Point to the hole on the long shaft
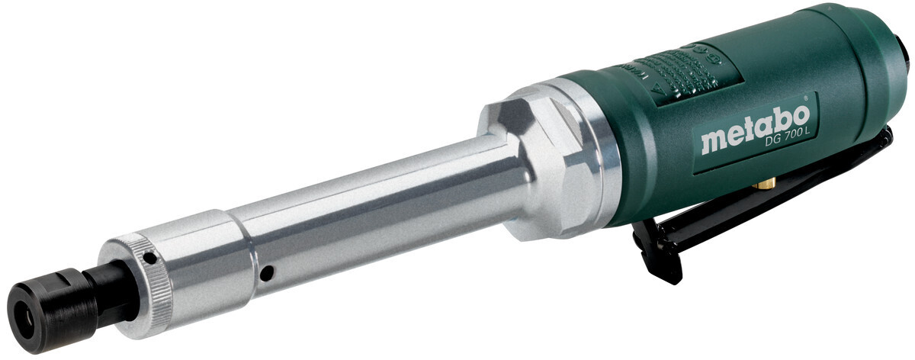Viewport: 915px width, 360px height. pos(265,272)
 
